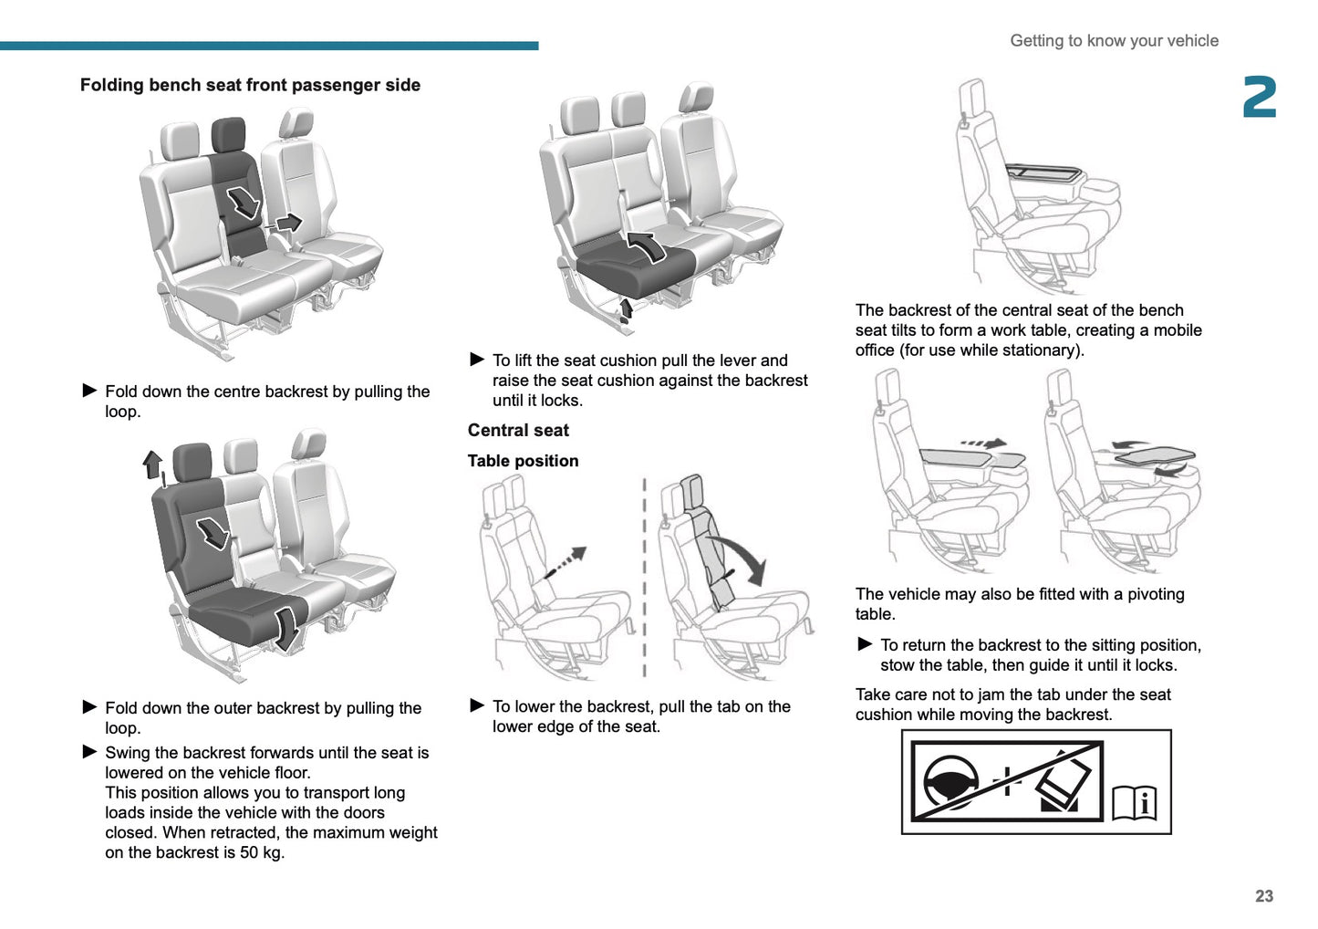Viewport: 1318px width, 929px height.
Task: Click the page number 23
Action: coord(1263,896)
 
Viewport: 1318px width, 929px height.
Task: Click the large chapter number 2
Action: coord(1259,98)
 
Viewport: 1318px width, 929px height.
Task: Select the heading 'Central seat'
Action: coord(518,430)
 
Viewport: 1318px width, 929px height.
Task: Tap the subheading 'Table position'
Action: coord(523,461)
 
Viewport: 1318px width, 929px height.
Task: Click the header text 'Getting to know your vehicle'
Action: coord(1114,40)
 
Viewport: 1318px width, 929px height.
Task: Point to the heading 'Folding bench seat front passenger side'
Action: coord(250,85)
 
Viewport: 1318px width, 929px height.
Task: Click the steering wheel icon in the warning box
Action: coord(950,782)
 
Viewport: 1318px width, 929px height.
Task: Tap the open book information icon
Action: coord(1135,803)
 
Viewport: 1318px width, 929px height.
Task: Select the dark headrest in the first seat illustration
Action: coord(228,134)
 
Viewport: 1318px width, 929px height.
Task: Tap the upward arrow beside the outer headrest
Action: coord(152,464)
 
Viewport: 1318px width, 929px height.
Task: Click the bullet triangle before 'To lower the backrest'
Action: coord(476,705)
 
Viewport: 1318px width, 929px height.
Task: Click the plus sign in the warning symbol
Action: coord(1006,781)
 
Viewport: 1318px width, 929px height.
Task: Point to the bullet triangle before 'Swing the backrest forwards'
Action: coord(89,752)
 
